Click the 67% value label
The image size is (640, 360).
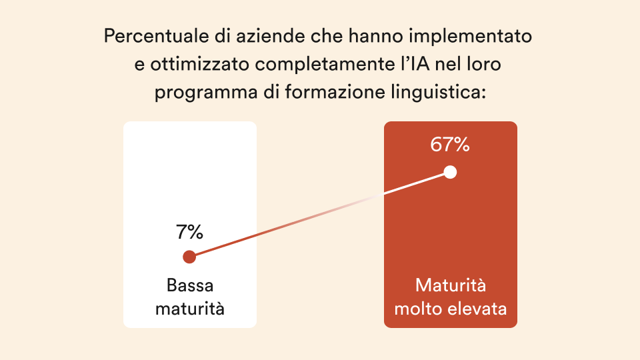click(x=450, y=145)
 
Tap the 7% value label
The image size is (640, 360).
click(x=189, y=233)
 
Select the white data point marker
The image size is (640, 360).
click(x=450, y=172)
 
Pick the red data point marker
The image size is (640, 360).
click(x=189, y=257)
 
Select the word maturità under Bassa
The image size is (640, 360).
click(x=190, y=309)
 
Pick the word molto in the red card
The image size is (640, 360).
click(x=417, y=309)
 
